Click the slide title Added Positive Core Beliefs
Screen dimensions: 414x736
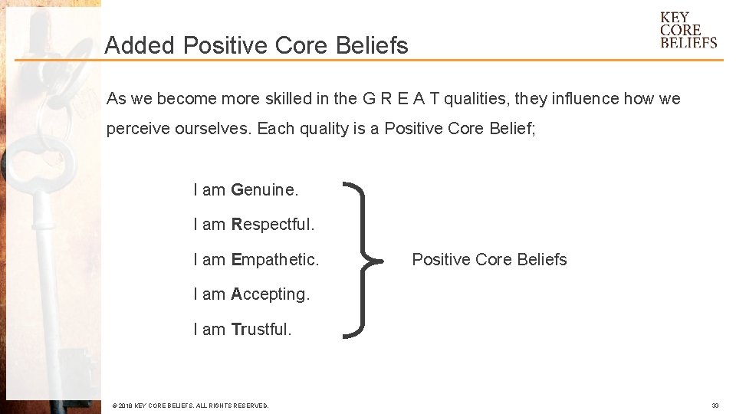point(256,46)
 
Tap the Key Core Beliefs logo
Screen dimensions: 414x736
point(688,30)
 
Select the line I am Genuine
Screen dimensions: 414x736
point(245,189)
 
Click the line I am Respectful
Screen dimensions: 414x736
point(254,225)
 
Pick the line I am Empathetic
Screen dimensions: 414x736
point(256,260)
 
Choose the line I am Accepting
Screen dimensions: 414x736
point(251,294)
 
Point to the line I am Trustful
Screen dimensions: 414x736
point(242,330)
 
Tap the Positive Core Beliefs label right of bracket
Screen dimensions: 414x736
point(489,260)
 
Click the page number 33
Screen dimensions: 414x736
point(715,406)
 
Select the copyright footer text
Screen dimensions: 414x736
point(190,406)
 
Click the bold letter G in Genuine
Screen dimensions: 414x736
point(237,189)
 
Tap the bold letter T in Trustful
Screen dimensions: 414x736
point(235,330)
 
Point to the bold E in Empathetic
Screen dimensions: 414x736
point(236,260)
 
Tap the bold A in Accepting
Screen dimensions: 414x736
point(237,294)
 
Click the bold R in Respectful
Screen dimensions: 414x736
point(237,225)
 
